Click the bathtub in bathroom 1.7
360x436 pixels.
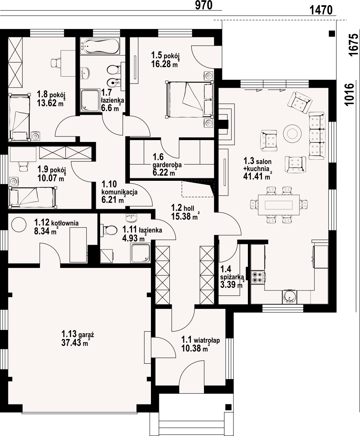tap(100, 46)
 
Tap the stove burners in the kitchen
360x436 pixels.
tap(257, 277)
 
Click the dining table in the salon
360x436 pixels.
tap(279, 205)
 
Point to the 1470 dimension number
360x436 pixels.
tap(321, 10)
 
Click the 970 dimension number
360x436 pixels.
tap(204, 5)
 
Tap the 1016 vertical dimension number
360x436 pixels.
tap(350, 95)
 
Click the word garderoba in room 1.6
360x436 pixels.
tap(167, 165)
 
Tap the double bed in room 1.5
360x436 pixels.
tap(189, 99)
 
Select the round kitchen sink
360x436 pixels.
tap(289, 297)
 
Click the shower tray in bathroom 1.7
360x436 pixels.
tap(90, 100)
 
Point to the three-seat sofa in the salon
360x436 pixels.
tap(317, 136)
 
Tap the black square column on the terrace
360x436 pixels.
tap(332, 33)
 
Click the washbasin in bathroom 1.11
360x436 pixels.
tap(132, 218)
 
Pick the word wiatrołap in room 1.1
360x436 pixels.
tap(207, 340)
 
